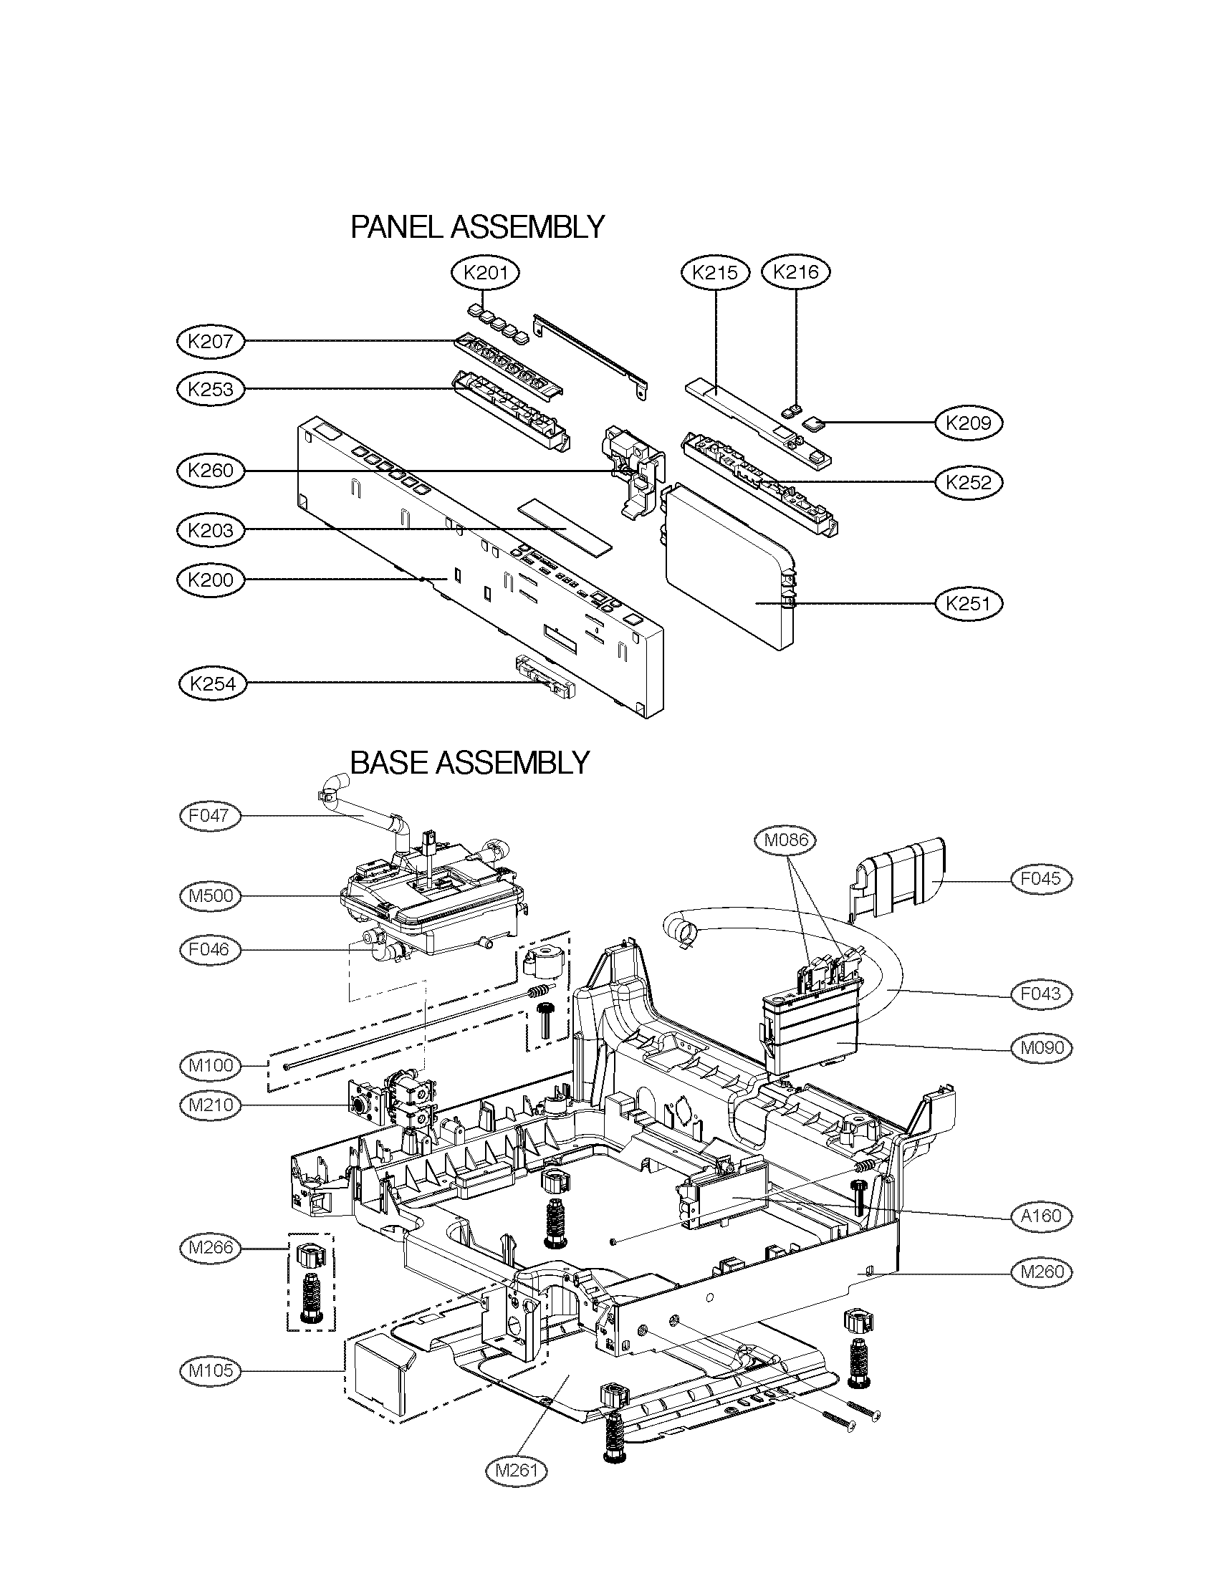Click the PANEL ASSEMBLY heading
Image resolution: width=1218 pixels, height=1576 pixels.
pyautogui.click(x=477, y=227)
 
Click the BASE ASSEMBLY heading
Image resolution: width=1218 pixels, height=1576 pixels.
pyautogui.click(x=470, y=762)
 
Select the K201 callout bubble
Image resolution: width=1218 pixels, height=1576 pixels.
pyautogui.click(x=485, y=273)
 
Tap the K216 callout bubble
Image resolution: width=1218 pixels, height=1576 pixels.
pyautogui.click(x=796, y=272)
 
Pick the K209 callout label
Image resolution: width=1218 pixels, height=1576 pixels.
pyautogui.click(x=969, y=423)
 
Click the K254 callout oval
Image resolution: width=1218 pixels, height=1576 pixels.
pyautogui.click(x=212, y=683)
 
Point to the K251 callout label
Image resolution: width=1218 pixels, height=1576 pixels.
pyautogui.click(x=969, y=602)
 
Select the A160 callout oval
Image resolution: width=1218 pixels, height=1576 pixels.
pyautogui.click(x=1040, y=1216)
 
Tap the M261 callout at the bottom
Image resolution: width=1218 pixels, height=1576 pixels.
pyautogui.click(x=517, y=1469)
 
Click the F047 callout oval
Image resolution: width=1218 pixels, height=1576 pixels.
pyautogui.click(x=209, y=816)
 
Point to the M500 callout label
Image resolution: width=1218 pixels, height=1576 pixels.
pyautogui.click(x=209, y=895)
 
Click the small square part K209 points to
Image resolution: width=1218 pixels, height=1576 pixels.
pyautogui.click(x=813, y=423)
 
